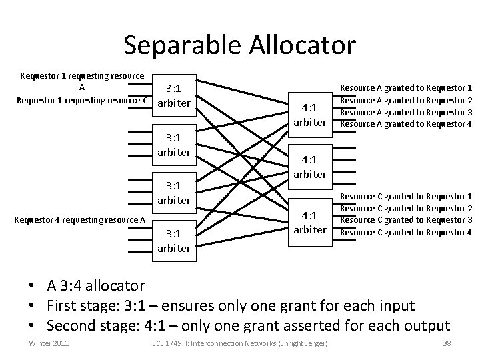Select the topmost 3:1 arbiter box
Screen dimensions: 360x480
click(x=174, y=96)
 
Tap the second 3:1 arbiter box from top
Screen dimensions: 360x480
click(x=174, y=146)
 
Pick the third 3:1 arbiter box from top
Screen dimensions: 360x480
click(x=174, y=193)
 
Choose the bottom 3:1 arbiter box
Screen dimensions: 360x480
click(x=174, y=241)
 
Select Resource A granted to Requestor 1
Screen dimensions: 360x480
click(x=406, y=87)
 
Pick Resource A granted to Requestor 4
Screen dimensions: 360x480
click(x=406, y=123)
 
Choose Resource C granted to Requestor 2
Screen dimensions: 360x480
click(x=406, y=208)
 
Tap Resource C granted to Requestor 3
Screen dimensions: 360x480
click(x=406, y=220)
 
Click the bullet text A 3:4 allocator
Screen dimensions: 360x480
click(x=95, y=286)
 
